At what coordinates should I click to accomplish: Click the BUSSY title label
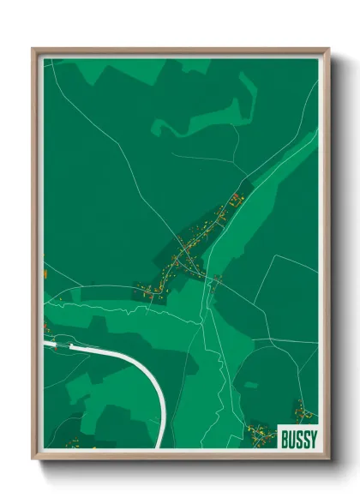click(x=297, y=438)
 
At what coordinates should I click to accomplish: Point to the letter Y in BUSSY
click(x=313, y=438)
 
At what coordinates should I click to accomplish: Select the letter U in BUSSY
click(x=291, y=438)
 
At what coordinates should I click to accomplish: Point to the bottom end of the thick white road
click(x=160, y=445)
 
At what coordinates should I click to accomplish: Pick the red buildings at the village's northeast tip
click(x=234, y=198)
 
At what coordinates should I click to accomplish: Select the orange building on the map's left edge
click(x=44, y=273)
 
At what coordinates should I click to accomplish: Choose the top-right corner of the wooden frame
click(x=328, y=50)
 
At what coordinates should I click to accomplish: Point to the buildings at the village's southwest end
click(x=146, y=291)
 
